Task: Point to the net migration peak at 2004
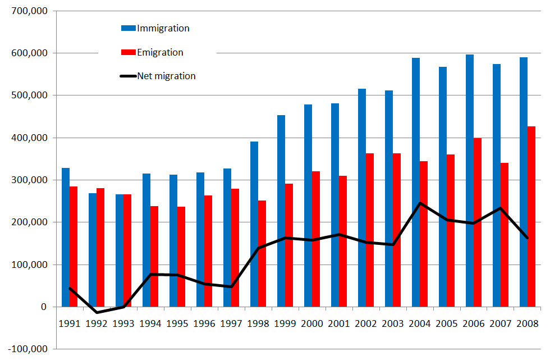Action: [420, 203]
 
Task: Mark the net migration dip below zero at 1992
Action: [97, 312]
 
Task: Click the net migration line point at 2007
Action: [501, 208]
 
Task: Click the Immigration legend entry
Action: [163, 28]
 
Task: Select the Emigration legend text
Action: [160, 52]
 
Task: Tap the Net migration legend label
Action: [166, 76]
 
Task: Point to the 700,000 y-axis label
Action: [27, 11]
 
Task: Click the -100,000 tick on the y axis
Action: [26, 349]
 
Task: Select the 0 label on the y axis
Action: [43, 307]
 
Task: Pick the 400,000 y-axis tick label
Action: [27, 138]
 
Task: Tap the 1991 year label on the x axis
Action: [70, 323]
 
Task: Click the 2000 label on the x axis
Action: [312, 323]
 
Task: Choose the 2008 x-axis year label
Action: [528, 323]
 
